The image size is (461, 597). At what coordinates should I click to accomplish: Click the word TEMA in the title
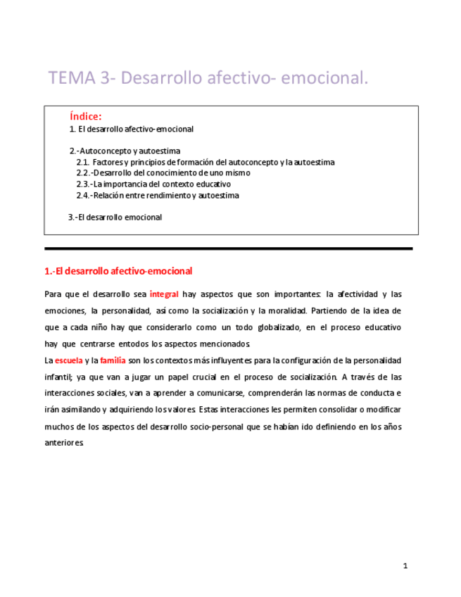pyautogui.click(x=72, y=78)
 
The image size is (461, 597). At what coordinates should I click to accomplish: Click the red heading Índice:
pyautogui.click(x=86, y=116)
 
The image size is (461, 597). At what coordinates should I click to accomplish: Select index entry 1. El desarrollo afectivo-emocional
pyautogui.click(x=132, y=130)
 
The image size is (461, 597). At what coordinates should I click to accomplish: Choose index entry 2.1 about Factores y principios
pyautogui.click(x=206, y=162)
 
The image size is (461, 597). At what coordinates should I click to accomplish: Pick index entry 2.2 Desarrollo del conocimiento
pyautogui.click(x=163, y=173)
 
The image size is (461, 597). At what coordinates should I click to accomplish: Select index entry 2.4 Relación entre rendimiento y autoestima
pyautogui.click(x=158, y=196)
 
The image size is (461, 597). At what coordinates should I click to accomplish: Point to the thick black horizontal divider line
pyautogui.click(x=228, y=249)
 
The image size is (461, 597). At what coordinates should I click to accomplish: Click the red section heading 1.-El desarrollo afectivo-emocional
pyautogui.click(x=118, y=271)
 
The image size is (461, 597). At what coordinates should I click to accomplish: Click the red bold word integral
pyautogui.click(x=165, y=294)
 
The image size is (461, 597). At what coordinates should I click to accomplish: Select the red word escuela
pyautogui.click(x=68, y=360)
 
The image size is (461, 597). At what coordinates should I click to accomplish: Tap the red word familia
pyautogui.click(x=113, y=360)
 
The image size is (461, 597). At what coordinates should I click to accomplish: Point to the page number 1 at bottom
pyautogui.click(x=405, y=566)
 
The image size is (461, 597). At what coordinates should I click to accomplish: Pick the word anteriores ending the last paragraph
pyautogui.click(x=64, y=444)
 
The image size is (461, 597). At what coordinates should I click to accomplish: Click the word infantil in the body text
pyautogui.click(x=61, y=377)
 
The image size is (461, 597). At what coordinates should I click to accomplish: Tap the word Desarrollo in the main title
pyautogui.click(x=163, y=78)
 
